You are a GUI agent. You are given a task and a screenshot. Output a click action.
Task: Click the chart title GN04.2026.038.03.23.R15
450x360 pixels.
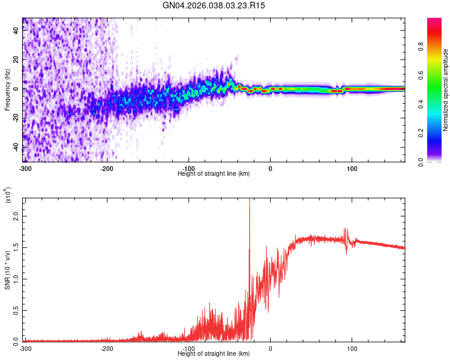click(x=214, y=5)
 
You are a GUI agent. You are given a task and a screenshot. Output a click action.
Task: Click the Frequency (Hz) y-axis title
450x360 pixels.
click(x=7, y=90)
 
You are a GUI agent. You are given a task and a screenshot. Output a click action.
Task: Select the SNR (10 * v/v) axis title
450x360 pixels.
click(x=7, y=270)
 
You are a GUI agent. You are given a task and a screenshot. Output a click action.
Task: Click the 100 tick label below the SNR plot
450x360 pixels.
click(x=352, y=347)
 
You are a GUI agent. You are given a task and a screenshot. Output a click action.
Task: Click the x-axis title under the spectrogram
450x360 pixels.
click(x=214, y=173)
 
